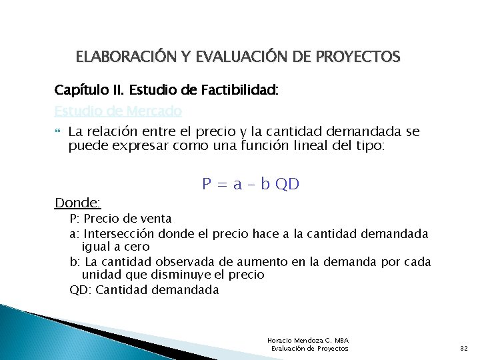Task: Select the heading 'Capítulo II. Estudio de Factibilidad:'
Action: [166, 90]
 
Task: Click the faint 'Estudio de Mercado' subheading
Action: [118, 111]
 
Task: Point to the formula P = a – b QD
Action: [251, 184]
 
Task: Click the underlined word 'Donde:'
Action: [77, 202]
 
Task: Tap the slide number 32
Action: [464, 349]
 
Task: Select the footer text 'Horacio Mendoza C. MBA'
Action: [308, 341]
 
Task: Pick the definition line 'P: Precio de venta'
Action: [121, 219]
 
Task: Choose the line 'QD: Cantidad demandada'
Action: [144, 289]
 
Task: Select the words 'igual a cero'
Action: [115, 247]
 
